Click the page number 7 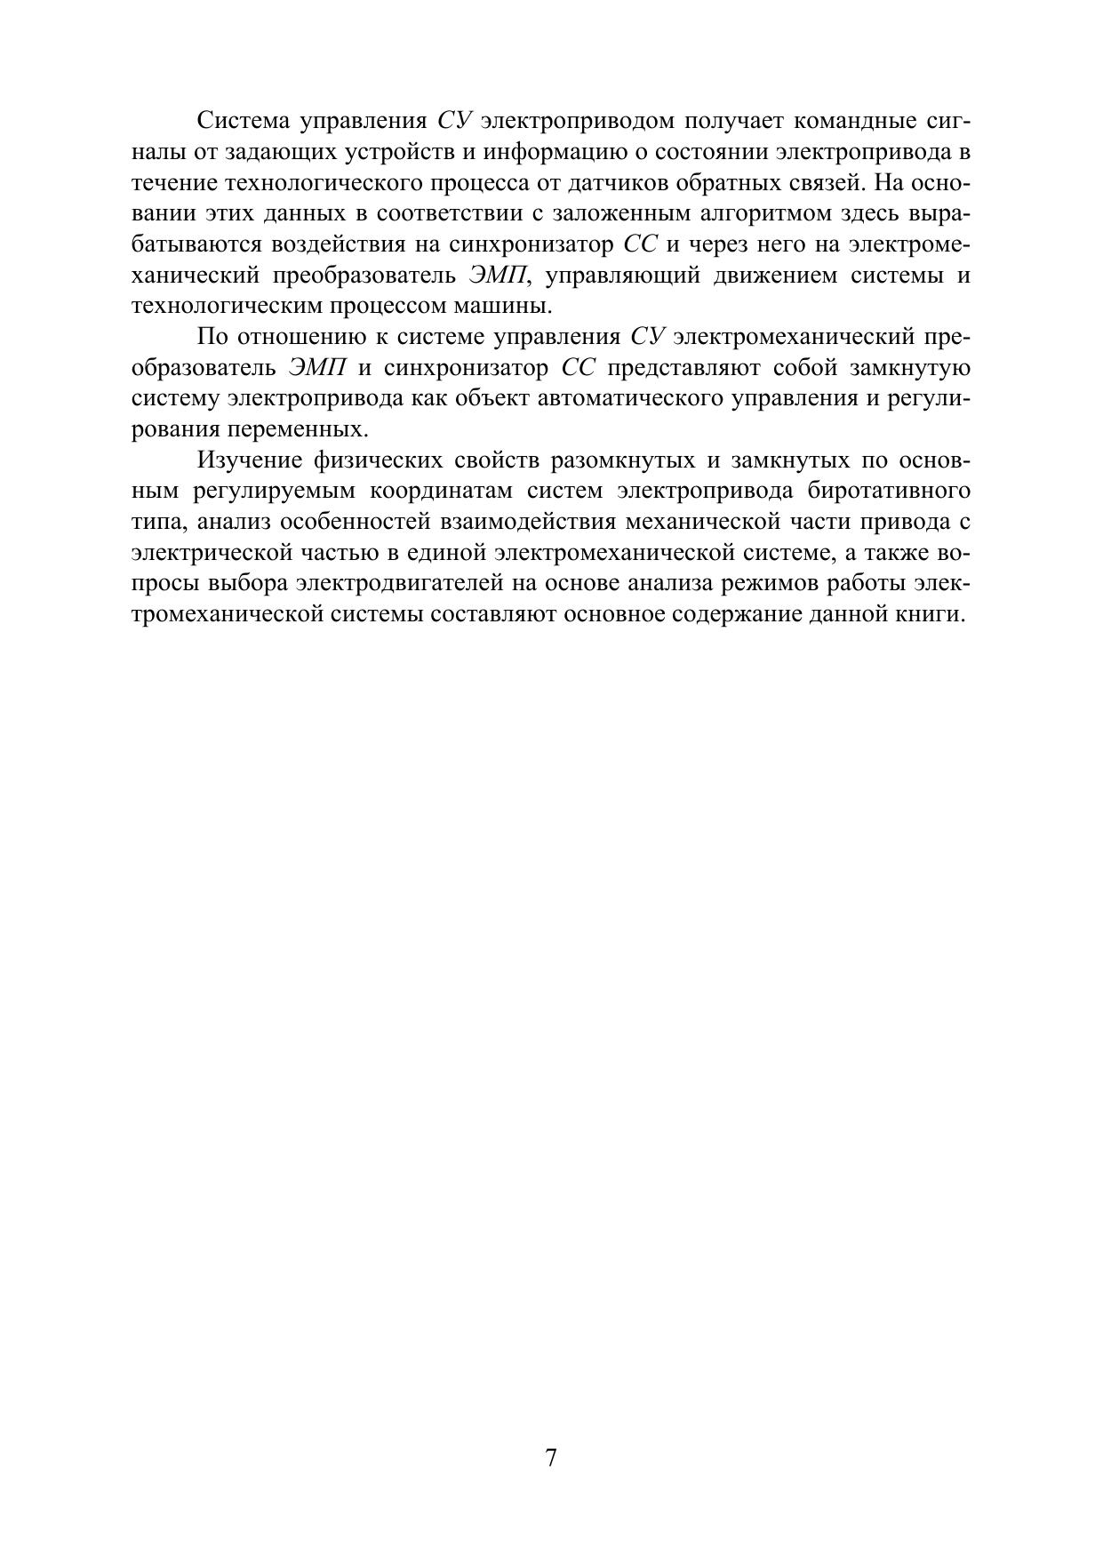pos(551,1458)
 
